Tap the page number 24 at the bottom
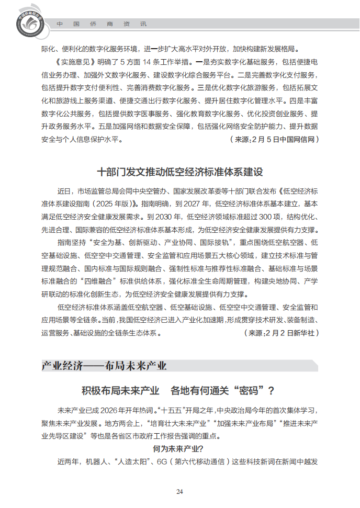click(179, 491)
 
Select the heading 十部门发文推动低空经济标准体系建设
click(179, 172)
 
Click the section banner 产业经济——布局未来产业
click(105, 365)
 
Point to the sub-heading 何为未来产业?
click(178, 449)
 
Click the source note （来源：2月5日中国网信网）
click(274, 140)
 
